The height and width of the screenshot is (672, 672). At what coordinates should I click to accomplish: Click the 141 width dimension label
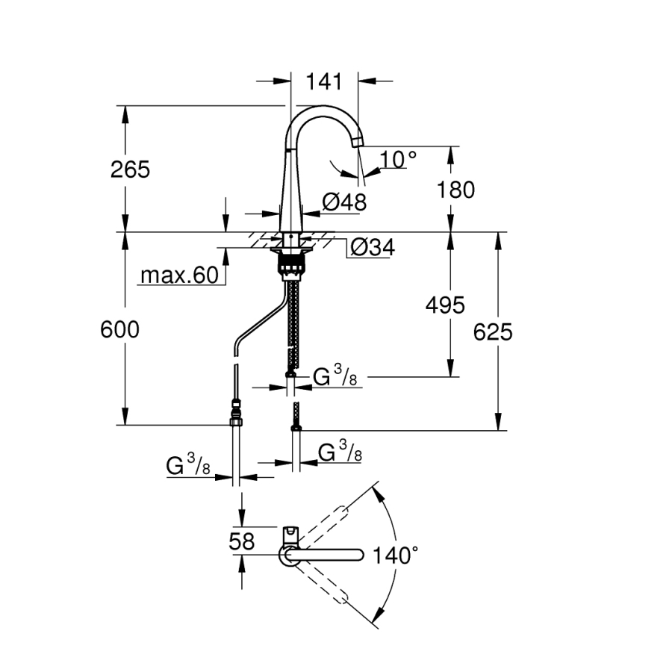pyautogui.click(x=325, y=81)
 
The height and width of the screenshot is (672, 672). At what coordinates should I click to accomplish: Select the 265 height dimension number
pyautogui.click(x=131, y=169)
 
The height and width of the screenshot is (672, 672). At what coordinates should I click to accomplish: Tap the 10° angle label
pyautogui.click(x=397, y=159)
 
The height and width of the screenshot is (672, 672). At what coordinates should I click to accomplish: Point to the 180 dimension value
pyautogui.click(x=455, y=190)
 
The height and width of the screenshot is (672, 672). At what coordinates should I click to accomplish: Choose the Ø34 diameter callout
pyautogui.click(x=371, y=247)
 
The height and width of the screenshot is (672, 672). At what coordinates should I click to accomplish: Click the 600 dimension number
pyautogui.click(x=119, y=329)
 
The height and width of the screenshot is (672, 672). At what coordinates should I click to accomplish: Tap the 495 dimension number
pyautogui.click(x=444, y=305)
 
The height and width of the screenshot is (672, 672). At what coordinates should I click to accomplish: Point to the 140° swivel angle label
pyautogui.click(x=396, y=556)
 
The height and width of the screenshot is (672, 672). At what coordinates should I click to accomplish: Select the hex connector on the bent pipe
pyautogui.click(x=237, y=413)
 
